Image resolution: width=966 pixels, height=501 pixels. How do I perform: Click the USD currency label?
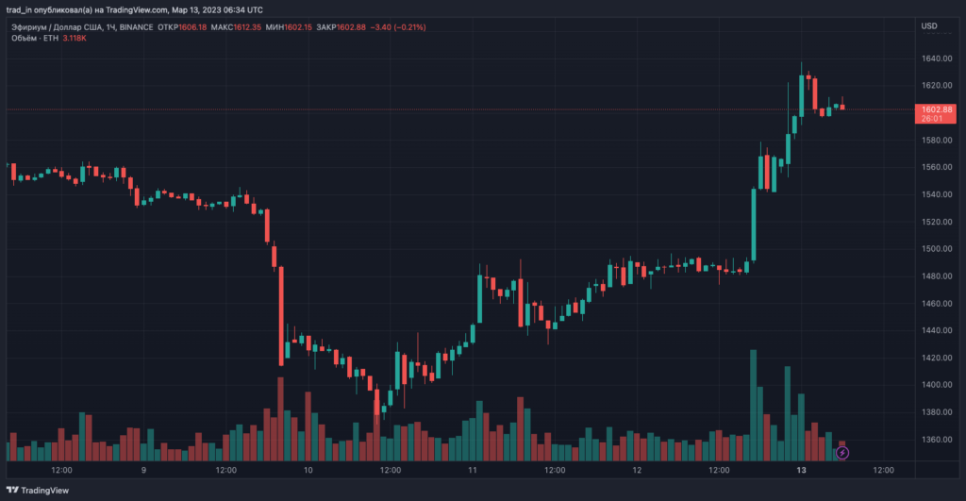click(x=929, y=26)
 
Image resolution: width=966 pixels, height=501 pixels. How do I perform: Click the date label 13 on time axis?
click(x=800, y=470)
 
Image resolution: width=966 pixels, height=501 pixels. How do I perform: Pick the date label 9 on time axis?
click(x=143, y=470)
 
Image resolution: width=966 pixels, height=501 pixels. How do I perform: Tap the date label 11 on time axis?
click(x=472, y=470)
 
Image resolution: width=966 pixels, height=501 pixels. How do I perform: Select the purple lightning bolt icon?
click(x=842, y=453)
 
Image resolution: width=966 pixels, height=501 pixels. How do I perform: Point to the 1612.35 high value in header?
click(x=250, y=27)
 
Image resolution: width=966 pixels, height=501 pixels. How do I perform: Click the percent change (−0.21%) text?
click(x=407, y=27)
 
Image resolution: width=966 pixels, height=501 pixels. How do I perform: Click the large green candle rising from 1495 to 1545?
click(x=753, y=224)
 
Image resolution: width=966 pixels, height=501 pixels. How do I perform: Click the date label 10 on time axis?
click(x=308, y=470)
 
